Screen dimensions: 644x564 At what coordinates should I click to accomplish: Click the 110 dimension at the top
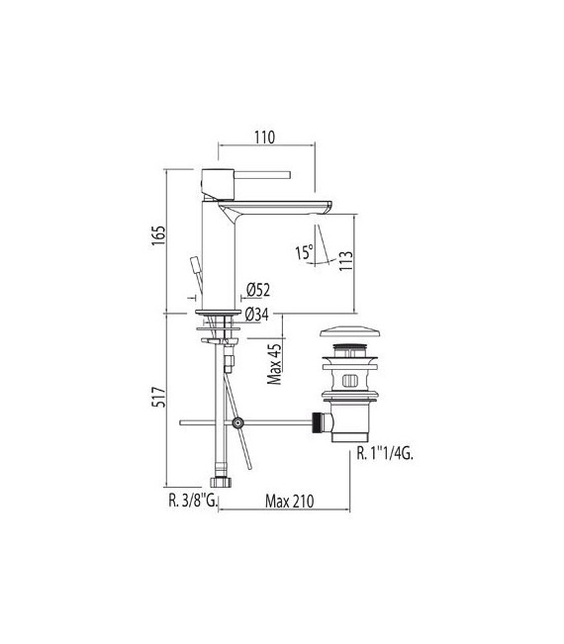pyautogui.click(x=263, y=138)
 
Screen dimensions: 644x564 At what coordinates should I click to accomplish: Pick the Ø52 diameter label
pyautogui.click(x=258, y=290)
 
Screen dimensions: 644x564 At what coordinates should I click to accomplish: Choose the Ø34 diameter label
pyautogui.click(x=258, y=315)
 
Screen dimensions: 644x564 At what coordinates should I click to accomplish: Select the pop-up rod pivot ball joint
pyautogui.click(x=237, y=423)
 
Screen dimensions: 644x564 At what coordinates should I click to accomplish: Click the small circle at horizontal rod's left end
pyautogui.click(x=181, y=423)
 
